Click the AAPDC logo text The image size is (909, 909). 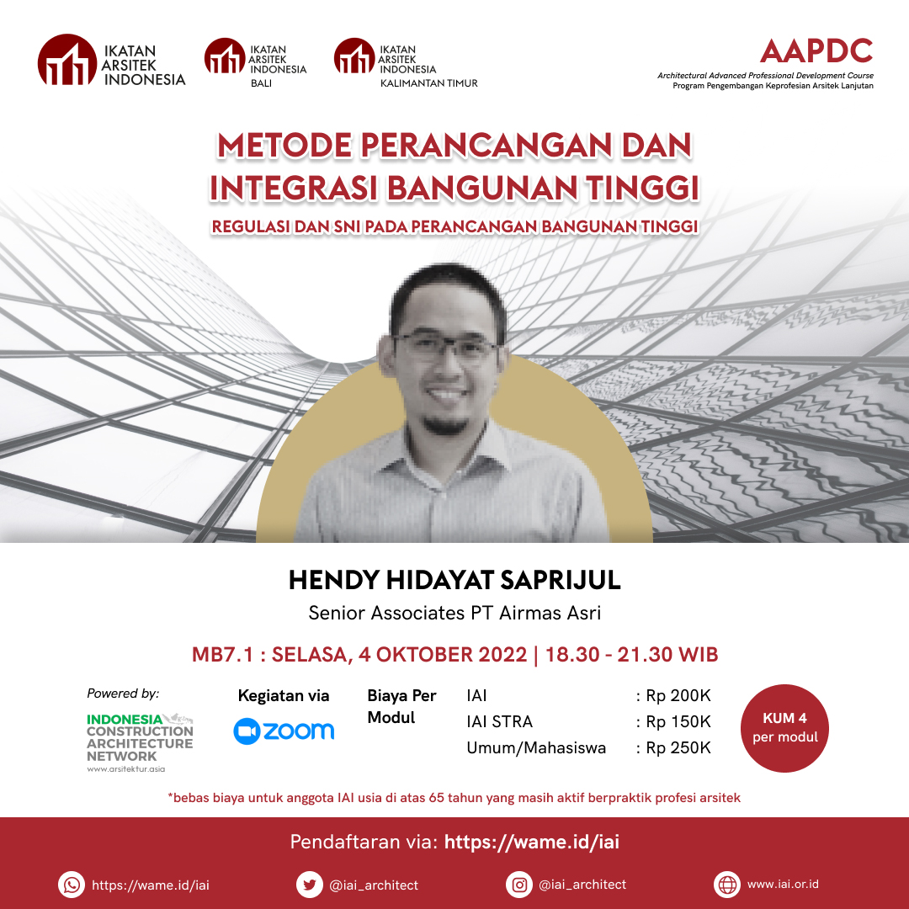pos(816,51)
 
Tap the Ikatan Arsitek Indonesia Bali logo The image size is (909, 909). pos(255,62)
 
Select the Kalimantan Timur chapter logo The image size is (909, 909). pos(406,62)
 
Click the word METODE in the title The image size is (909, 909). pos(284,145)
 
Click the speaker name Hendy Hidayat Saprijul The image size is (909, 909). pos(454,580)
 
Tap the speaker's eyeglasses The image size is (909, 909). pos(446,346)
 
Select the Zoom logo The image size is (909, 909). pos(284,731)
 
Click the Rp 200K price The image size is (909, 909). pos(678,695)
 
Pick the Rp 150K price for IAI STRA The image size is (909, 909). pos(678,721)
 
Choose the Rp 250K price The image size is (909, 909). pos(678,747)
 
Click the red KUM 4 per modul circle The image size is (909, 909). pos(784,728)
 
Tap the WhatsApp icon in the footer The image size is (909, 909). pos(72,885)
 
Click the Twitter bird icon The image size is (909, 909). pos(310,885)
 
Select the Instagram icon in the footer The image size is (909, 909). pos(519,885)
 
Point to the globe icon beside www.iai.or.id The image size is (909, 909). pos(727,885)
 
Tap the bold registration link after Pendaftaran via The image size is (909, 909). pos(532,842)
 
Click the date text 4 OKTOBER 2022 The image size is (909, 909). pos(443,655)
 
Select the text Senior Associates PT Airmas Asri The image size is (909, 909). pos(454,613)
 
